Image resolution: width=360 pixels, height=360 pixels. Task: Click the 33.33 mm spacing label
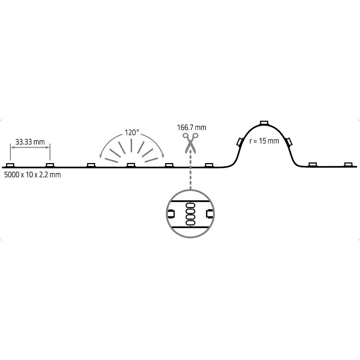tap(30, 142)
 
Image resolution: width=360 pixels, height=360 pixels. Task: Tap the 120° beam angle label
tap(132, 132)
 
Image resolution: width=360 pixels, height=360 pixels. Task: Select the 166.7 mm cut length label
tap(192, 127)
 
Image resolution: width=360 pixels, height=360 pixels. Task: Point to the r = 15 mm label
tap(264, 141)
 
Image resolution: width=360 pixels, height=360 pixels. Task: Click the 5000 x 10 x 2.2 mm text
tap(32, 175)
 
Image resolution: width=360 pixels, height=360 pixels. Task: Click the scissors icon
tap(190, 143)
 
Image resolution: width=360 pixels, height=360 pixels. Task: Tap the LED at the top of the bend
tap(264, 123)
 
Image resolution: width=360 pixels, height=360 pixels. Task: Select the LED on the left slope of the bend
tap(240, 141)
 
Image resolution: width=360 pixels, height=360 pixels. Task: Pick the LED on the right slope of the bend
tap(289, 141)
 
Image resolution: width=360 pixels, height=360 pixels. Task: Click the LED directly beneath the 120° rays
tap(131, 165)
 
